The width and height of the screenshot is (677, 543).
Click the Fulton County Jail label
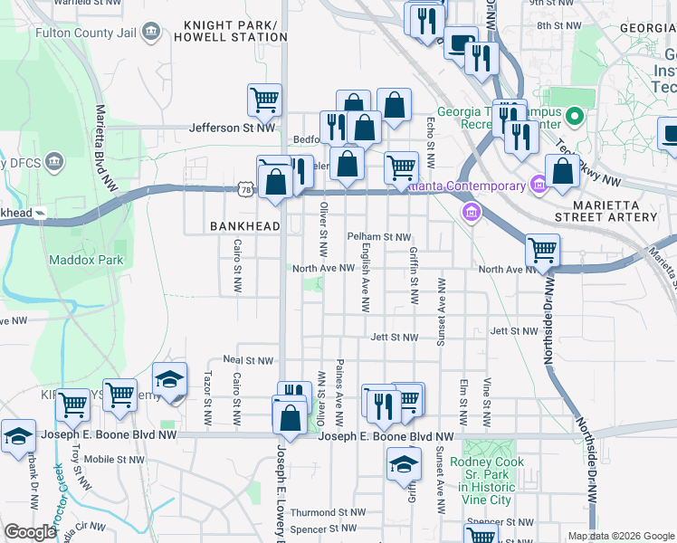pos(86,33)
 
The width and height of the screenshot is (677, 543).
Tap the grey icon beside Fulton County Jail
pos(152,33)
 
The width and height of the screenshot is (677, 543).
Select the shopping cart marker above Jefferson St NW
pos(264,100)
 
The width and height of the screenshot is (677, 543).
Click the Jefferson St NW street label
pos(232,129)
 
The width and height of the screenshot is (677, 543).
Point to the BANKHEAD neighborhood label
pos(244,225)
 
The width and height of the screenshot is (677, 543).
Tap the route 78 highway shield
pos(246,188)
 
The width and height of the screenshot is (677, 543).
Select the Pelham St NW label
pos(379,237)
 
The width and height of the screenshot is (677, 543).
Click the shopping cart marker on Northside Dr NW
pos(542,250)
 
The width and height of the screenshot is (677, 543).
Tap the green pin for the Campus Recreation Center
pos(572,117)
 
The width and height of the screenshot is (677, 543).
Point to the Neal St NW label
pos(242,360)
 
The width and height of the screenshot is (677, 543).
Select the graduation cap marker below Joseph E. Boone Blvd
pos(405,466)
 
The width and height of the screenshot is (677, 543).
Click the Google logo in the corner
pos(30,532)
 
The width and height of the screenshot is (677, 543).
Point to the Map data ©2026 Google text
pos(620,536)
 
